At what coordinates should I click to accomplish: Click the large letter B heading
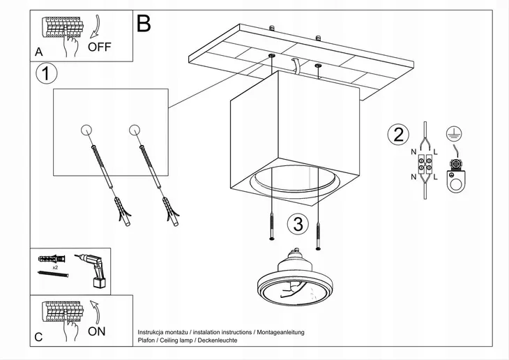[144, 24]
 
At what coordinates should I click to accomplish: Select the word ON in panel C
[97, 331]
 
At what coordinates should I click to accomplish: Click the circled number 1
[45, 74]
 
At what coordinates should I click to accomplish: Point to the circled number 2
[398, 135]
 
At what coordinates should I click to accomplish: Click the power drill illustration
[93, 269]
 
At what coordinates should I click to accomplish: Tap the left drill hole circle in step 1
[86, 129]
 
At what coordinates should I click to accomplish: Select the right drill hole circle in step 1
[135, 129]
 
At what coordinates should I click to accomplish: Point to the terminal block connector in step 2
[423, 166]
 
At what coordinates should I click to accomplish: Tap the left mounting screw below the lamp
[270, 228]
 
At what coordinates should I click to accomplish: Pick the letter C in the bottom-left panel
[39, 338]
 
